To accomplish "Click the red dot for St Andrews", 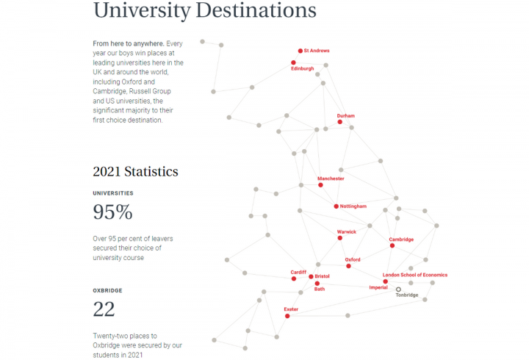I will (300, 51).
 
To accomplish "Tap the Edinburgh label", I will (303, 69).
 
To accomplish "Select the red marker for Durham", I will (339, 122).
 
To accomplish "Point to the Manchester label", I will (331, 179).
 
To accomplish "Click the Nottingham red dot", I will (336, 206).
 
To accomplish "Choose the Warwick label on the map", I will (346, 232).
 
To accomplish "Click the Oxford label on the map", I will (353, 259).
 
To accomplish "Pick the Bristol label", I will (322, 276).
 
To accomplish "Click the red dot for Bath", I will (317, 283).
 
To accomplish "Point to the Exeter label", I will (291, 309).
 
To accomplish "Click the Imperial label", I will (378, 287).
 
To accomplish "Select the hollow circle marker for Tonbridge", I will (398, 289).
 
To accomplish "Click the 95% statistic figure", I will (112, 212).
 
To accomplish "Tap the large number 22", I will (104, 309).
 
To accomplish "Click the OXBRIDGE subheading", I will (107, 290).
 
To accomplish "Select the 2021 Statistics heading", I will (135, 172).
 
